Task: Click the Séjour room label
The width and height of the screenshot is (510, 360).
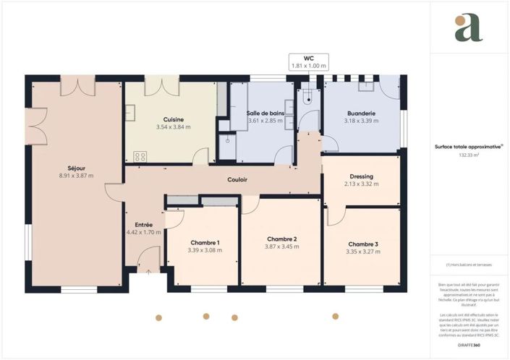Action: [x=67, y=168]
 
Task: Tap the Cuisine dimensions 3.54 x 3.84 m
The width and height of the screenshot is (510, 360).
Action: [x=173, y=127]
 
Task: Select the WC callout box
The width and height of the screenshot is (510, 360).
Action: [x=310, y=62]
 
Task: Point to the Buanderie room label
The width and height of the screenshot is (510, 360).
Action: [x=361, y=113]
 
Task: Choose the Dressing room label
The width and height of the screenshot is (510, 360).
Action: [x=361, y=176]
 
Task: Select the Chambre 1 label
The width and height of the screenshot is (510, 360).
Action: [x=205, y=242]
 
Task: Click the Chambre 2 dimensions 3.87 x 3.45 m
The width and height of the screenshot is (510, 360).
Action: [x=282, y=247]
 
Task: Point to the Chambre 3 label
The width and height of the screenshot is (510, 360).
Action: [x=362, y=244]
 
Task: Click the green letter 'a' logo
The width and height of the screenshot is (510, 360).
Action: [x=469, y=27]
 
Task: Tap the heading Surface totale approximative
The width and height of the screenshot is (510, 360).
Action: [x=468, y=146]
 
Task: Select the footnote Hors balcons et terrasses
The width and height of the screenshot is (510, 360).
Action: [x=469, y=265]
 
